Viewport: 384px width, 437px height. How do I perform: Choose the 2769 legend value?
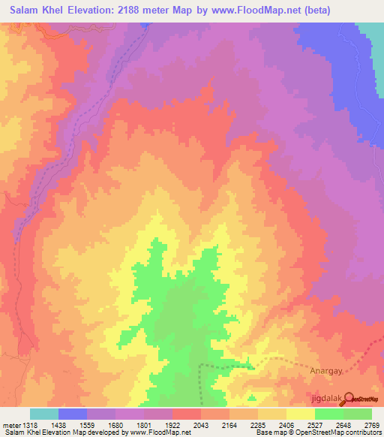[x=372, y=426]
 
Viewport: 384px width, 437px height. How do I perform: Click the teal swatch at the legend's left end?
[x=44, y=414]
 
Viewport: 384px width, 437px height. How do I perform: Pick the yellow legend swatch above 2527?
[x=301, y=414]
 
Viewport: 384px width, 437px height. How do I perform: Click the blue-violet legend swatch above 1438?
[x=73, y=414]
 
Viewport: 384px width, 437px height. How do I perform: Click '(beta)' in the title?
[x=312, y=10]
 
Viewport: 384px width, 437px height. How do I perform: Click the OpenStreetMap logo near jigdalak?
[x=361, y=398]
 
